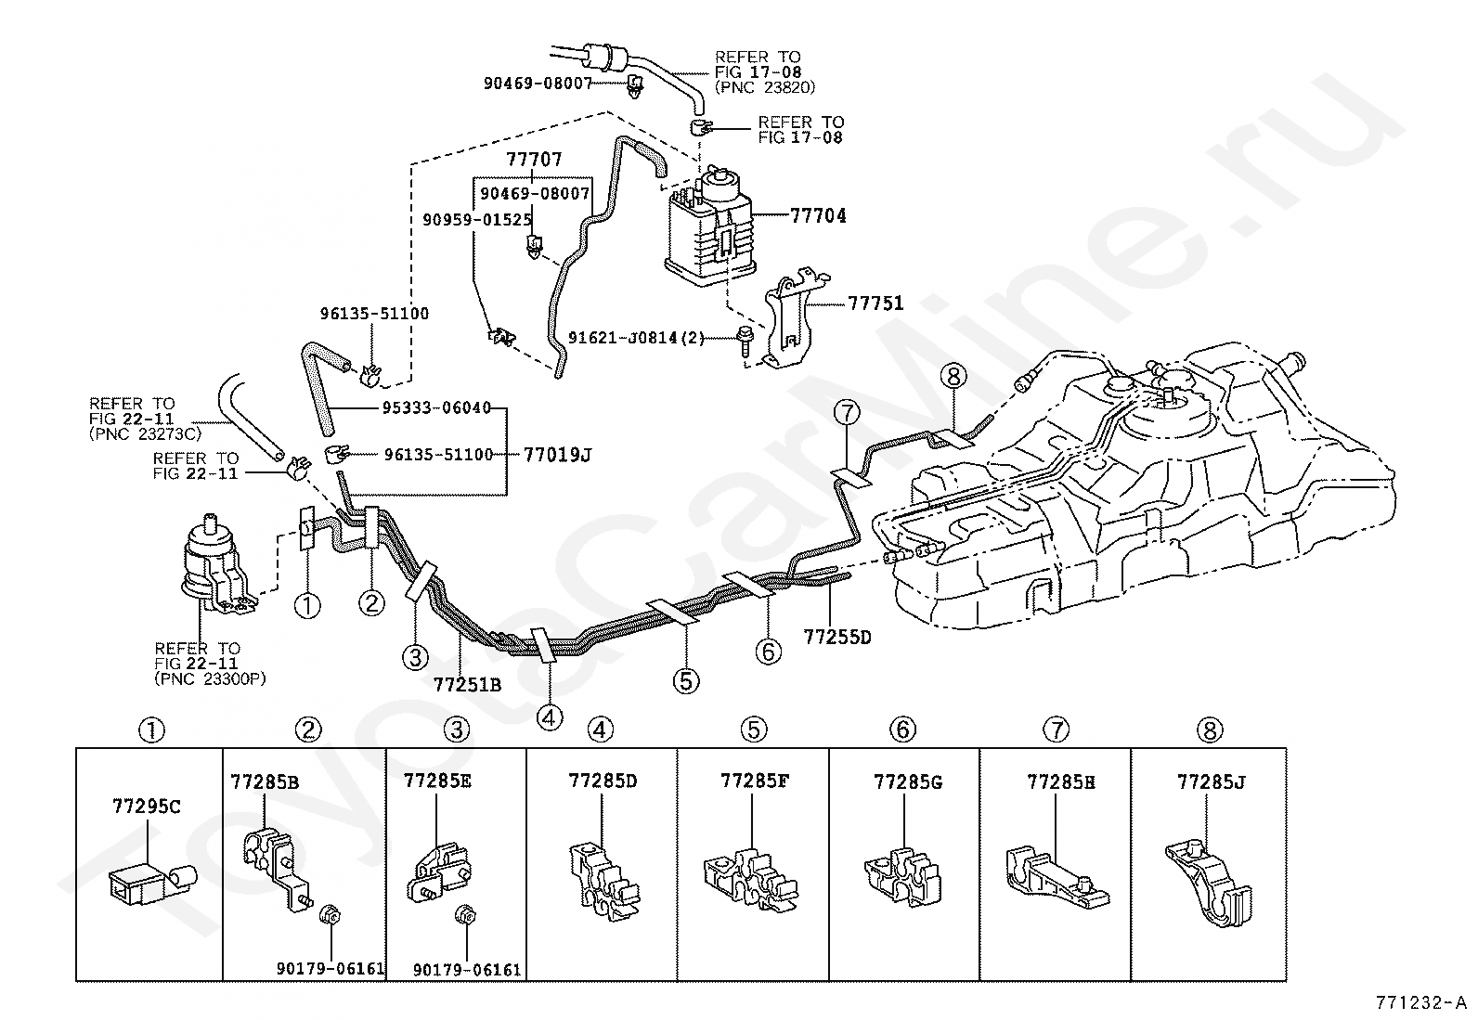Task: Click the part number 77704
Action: [818, 215]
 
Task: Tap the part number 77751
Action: [875, 303]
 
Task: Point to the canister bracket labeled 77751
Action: [794, 317]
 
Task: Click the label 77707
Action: [534, 159]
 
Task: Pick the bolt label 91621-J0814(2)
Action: [636, 338]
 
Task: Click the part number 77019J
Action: [558, 455]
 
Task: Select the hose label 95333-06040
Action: [437, 407]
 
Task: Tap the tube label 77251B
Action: [467, 685]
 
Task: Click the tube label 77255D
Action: [837, 637]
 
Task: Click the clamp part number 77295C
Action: [147, 807]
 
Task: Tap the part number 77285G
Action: [908, 781]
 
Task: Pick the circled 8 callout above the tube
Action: [953, 376]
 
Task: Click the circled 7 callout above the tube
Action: [848, 413]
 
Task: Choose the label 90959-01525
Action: [477, 220]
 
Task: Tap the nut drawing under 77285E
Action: [466, 915]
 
